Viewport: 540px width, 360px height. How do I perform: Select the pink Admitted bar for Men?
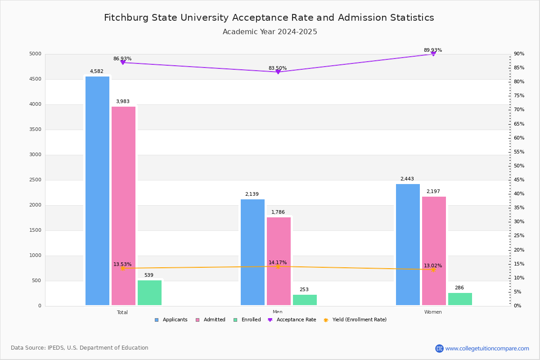click(x=279, y=261)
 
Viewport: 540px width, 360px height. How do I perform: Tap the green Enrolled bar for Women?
click(x=460, y=299)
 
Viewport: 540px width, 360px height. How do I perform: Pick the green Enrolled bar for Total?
click(x=149, y=293)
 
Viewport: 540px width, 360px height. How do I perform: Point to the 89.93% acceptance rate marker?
click(x=433, y=54)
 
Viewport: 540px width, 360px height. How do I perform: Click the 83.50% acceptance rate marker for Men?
click(x=278, y=72)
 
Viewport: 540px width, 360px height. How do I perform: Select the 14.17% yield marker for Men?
click(x=278, y=266)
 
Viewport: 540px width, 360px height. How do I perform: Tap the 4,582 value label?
click(x=97, y=72)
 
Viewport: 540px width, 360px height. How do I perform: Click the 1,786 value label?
click(x=278, y=212)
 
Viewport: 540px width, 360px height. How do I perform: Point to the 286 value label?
click(x=459, y=288)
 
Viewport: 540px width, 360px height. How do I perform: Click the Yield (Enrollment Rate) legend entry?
click(x=359, y=320)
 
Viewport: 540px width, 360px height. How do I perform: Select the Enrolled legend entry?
click(x=250, y=320)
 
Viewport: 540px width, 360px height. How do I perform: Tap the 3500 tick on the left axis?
click(x=35, y=130)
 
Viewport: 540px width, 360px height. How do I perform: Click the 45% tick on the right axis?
click(x=519, y=180)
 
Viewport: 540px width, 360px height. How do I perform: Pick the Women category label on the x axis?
click(x=433, y=312)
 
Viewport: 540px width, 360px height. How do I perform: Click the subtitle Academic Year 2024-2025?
click(x=270, y=32)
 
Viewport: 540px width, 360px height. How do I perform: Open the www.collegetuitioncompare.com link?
click(x=487, y=348)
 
